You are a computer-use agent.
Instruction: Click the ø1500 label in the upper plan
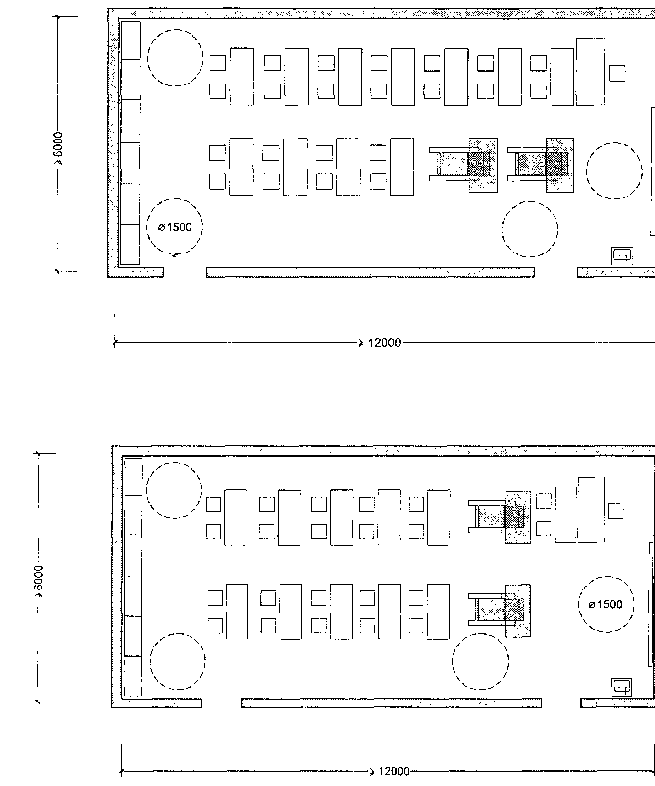pos(175,227)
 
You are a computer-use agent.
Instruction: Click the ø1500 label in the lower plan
pos(605,604)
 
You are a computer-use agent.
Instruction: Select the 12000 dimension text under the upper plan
pos(384,343)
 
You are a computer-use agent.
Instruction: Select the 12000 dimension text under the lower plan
pos(394,771)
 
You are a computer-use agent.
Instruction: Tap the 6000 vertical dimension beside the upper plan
pos(58,148)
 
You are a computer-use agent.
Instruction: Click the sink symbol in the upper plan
pos(622,255)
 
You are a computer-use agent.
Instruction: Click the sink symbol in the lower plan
pos(622,687)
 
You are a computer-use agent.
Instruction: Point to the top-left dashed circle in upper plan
pos(176,30)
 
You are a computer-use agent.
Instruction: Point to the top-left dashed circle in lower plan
pos(174,463)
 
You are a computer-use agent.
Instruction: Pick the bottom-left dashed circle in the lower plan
pos(178,633)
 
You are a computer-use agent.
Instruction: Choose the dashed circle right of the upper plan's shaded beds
pos(615,143)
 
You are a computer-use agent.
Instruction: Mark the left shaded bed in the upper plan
pos(464,164)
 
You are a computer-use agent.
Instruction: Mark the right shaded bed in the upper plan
pos(540,164)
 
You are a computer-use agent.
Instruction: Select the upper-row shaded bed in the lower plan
pos(500,517)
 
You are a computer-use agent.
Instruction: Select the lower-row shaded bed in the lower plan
pos(500,610)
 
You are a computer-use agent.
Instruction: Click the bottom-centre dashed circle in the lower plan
pos(480,633)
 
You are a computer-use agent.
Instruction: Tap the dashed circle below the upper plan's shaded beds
pos(529,202)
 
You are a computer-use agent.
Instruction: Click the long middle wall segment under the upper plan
pos(370,272)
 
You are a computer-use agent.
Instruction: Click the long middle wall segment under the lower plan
pos(391,702)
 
